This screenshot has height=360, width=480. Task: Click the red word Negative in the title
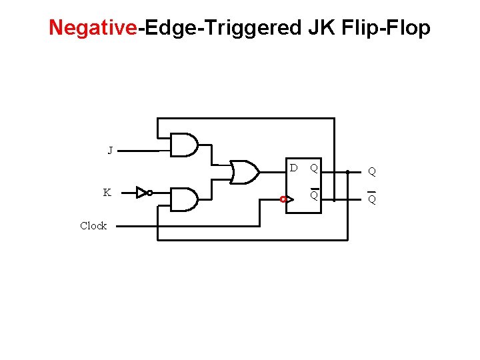click(93, 28)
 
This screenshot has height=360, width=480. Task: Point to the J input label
click(111, 151)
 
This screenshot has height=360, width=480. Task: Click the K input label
click(107, 193)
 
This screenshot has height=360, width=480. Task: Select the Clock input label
click(93, 226)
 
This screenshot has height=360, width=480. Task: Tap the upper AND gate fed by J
click(184, 145)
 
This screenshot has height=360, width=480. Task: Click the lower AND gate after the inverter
click(184, 199)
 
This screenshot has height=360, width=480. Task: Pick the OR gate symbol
click(245, 172)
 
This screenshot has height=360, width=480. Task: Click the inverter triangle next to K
click(141, 193)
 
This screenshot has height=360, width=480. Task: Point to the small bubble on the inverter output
click(150, 193)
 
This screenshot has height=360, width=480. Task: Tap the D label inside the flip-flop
click(293, 167)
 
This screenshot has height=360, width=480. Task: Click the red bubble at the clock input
click(283, 199)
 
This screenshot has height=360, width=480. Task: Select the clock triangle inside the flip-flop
click(289, 199)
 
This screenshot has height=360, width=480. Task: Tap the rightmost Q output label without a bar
click(372, 171)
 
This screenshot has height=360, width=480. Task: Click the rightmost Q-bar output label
click(372, 199)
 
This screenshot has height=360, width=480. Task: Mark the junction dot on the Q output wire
click(347, 172)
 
